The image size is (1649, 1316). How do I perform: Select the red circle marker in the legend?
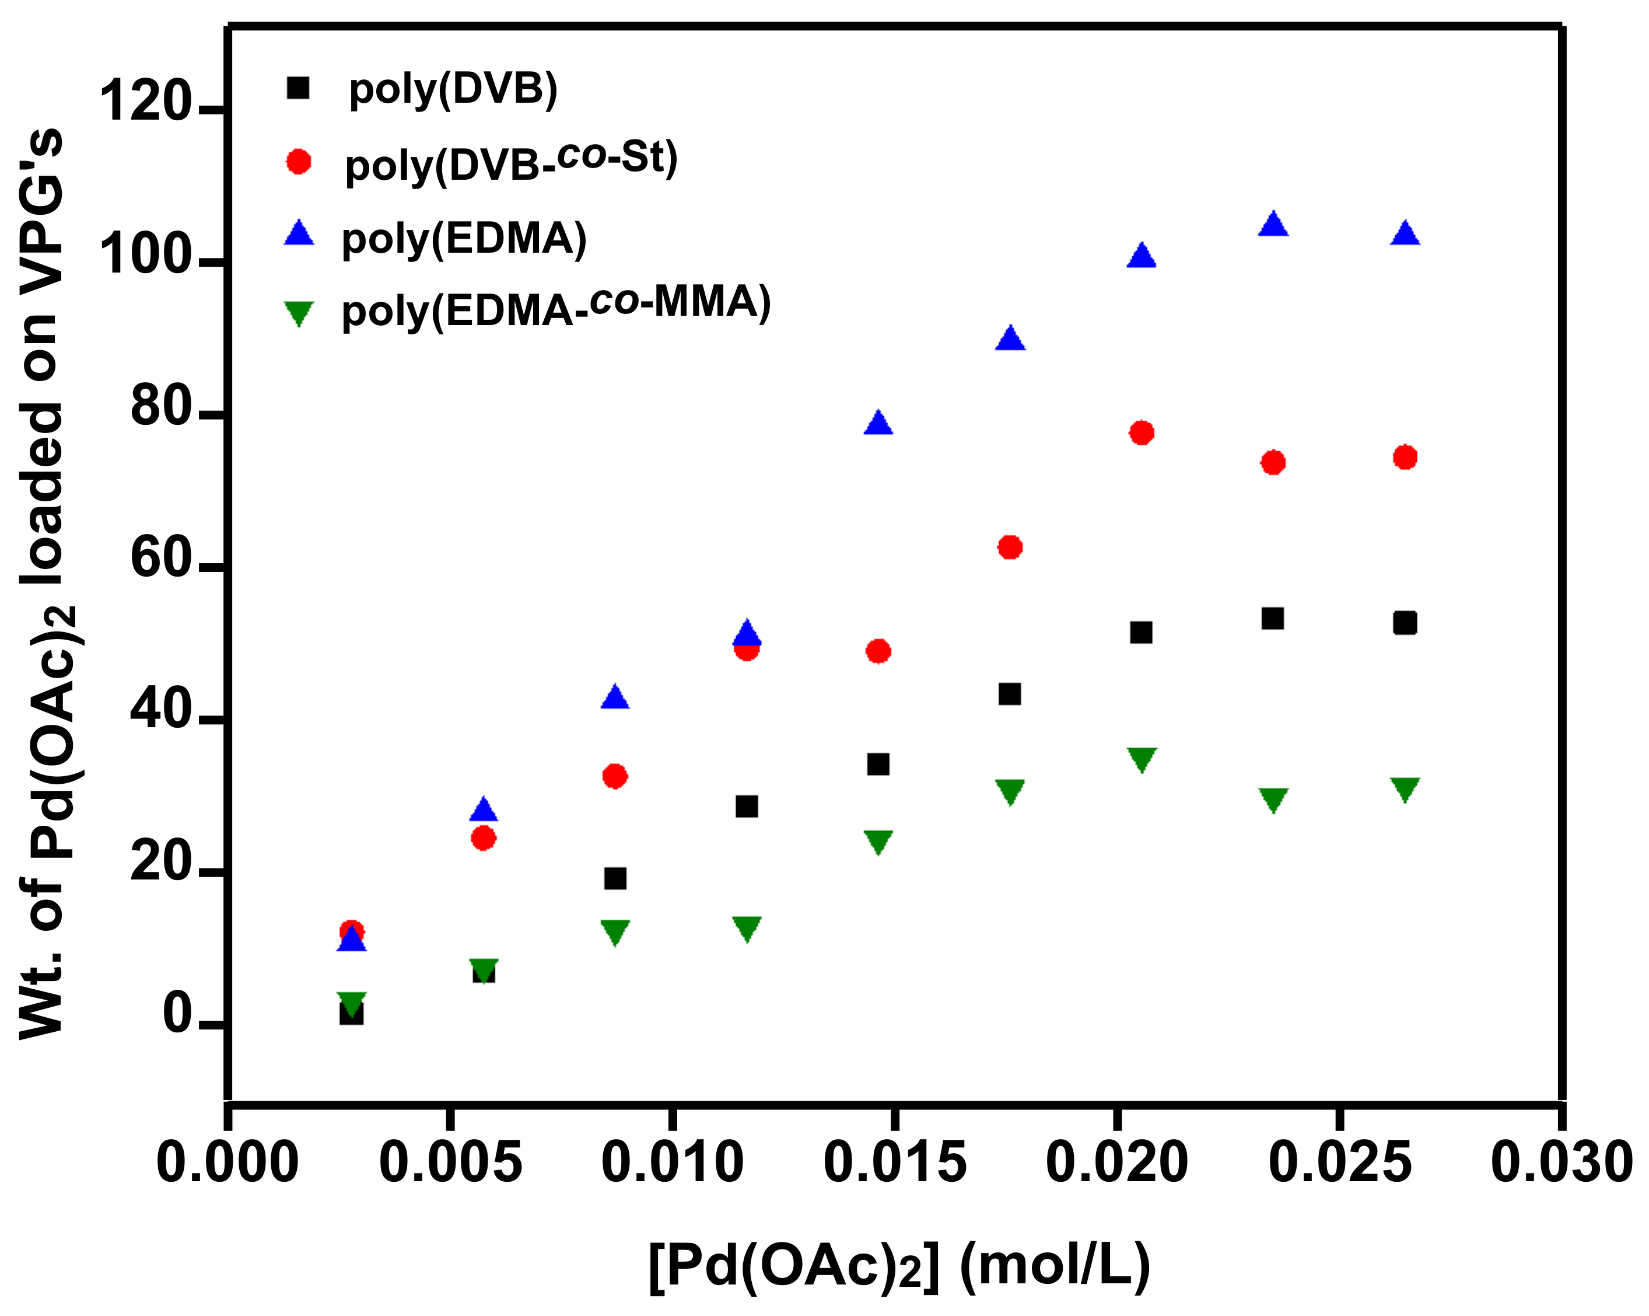pyautogui.click(x=298, y=162)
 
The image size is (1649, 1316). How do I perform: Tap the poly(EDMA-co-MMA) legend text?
pyautogui.click(x=556, y=306)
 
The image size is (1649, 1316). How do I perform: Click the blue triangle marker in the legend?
pyautogui.click(x=299, y=234)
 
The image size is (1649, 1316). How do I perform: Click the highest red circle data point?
pyautogui.click(x=1141, y=433)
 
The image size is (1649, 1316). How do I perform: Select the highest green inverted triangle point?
pyautogui.click(x=1141, y=760)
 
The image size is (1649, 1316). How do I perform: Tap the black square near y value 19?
pyautogui.click(x=615, y=878)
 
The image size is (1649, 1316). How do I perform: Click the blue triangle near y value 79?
pyautogui.click(x=878, y=424)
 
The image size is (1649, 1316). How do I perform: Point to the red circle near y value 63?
pyautogui.click(x=1010, y=547)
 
